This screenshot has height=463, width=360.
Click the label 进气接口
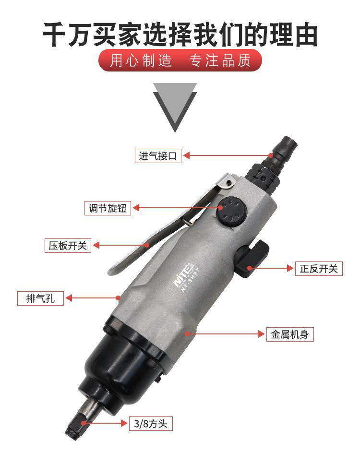click(x=158, y=155)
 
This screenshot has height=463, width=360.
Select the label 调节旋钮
click(x=108, y=208)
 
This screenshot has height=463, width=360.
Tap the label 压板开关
click(x=68, y=245)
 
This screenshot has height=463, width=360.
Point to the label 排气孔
click(x=40, y=298)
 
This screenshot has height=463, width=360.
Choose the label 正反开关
click(x=319, y=269)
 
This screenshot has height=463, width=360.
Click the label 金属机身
click(x=290, y=334)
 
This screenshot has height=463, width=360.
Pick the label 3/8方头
click(x=151, y=424)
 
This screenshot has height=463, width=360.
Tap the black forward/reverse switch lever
click(x=252, y=259)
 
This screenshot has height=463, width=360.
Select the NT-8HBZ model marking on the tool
click(x=191, y=280)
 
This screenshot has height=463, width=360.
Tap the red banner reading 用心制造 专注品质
click(x=180, y=60)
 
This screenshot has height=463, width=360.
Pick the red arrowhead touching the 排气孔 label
click(x=69, y=298)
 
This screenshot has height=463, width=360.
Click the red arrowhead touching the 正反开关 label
click(x=290, y=268)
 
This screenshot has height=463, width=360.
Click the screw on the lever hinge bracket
click(x=228, y=183)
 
